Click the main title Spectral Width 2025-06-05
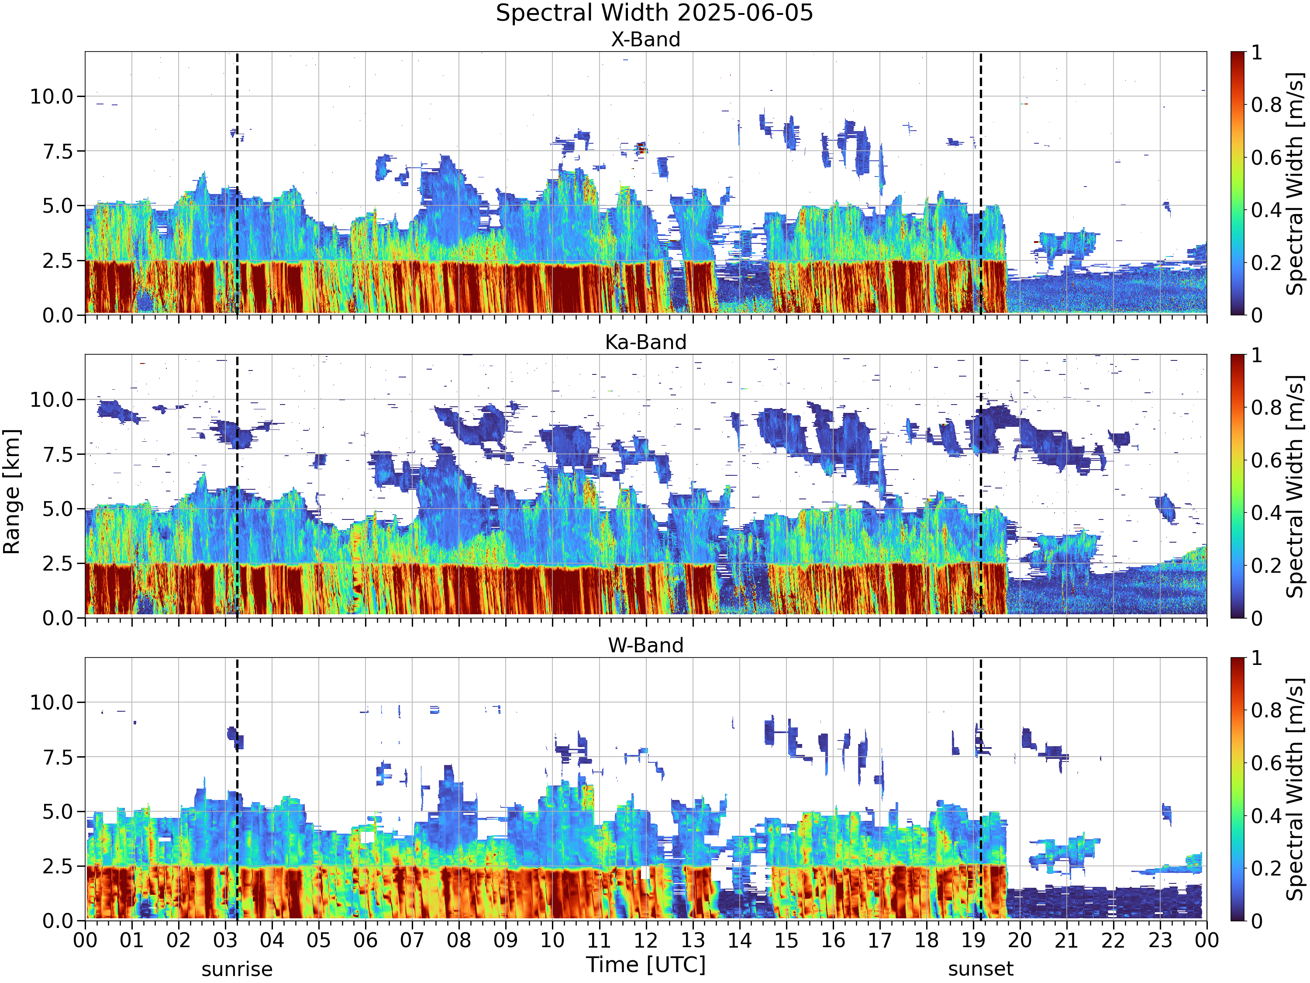point(655,13)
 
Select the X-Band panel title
point(645,40)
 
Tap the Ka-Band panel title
point(645,343)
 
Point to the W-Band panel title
point(645,645)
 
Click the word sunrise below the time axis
point(237,969)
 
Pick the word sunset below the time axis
point(981,969)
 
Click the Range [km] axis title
point(12,492)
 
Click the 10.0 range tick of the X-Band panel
point(52,97)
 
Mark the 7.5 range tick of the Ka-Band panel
point(58,454)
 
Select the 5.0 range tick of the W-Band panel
point(58,812)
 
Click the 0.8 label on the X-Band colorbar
point(1266,105)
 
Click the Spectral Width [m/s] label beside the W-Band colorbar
point(1295,789)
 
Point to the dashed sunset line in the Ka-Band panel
point(981,486)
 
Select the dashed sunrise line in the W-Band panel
point(237,789)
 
